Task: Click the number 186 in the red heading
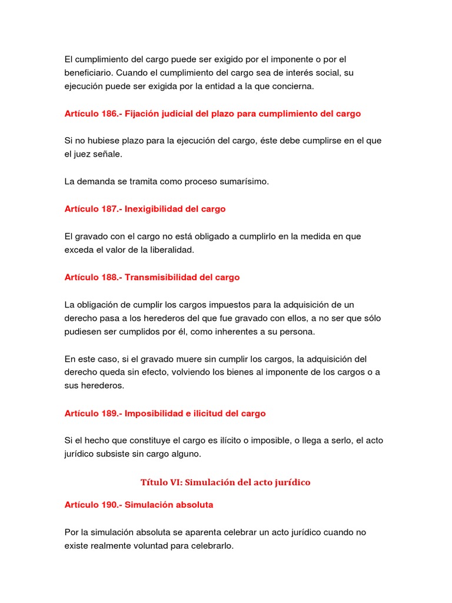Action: point(109,114)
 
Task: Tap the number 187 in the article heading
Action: point(109,209)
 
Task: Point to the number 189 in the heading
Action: point(109,413)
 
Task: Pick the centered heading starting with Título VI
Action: point(225,482)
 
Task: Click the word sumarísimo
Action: point(246,181)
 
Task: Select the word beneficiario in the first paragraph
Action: point(88,72)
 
